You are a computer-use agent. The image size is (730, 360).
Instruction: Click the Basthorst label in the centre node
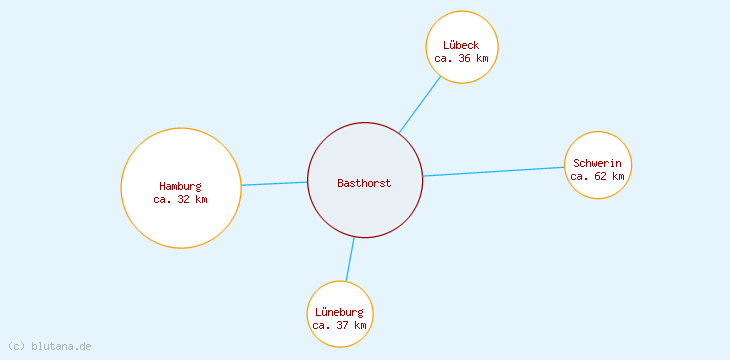tap(364, 183)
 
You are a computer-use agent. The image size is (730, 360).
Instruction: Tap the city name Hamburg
tap(180, 186)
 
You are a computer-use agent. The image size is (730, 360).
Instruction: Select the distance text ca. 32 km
tap(180, 199)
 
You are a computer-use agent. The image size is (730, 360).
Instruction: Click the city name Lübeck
tap(461, 45)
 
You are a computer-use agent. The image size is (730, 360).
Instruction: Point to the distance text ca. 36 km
tap(461, 58)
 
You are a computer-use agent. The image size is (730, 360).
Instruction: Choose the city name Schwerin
tap(598, 163)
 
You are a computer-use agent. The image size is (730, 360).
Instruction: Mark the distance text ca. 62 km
tap(598, 176)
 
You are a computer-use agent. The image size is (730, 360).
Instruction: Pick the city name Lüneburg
tap(340, 312)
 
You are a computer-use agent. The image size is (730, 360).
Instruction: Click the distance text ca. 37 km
tap(340, 325)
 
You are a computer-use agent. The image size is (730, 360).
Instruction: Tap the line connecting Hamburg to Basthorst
tap(274, 184)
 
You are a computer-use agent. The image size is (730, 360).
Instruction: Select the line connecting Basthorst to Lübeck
tap(420, 104)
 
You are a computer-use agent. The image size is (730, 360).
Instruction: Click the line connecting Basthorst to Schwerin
tap(494, 172)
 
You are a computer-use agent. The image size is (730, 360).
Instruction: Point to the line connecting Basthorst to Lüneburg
tap(350, 259)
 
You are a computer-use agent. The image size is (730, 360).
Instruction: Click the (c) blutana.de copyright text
tap(49, 346)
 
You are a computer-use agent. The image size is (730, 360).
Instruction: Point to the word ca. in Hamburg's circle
tap(163, 199)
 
